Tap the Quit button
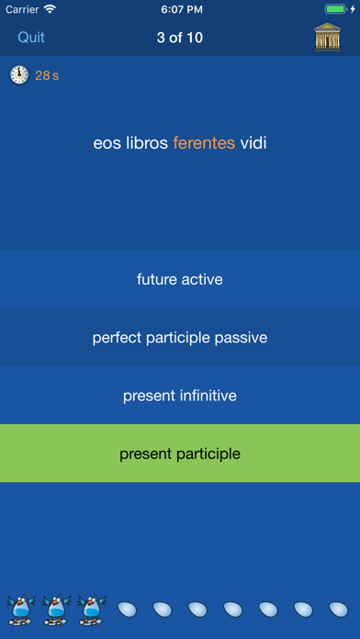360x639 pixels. coord(31,38)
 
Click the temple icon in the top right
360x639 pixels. coord(327,38)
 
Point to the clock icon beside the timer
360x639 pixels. coord(19,75)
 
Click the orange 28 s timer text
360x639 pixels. coord(47,75)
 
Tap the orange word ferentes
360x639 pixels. coord(204,143)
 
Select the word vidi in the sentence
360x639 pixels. coord(253,143)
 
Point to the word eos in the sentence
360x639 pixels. coord(107,143)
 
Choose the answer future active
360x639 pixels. coord(180,279)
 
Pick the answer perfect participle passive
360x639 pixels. coord(180,338)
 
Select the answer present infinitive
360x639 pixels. coord(180,396)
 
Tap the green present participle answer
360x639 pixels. coord(180,454)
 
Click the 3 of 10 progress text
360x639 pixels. coord(180,38)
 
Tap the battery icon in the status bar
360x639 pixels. coord(337,9)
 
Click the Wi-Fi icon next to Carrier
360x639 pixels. coord(49,9)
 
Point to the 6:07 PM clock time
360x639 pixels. coord(180,9)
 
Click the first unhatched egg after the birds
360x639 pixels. coord(127,609)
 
